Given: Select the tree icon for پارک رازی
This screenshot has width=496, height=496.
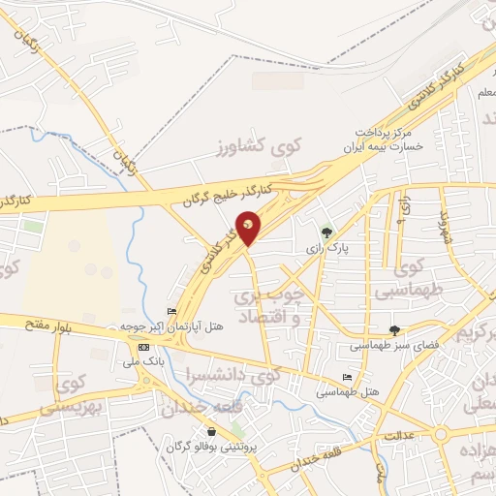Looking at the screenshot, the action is click(x=326, y=232).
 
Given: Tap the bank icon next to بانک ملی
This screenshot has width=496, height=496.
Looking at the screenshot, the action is click(x=144, y=347).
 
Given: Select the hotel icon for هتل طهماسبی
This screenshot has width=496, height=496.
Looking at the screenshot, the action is click(x=348, y=378).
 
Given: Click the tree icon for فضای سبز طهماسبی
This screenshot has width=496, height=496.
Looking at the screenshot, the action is click(x=394, y=329).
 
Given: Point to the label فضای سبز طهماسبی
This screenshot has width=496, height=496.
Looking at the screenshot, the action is click(x=394, y=345).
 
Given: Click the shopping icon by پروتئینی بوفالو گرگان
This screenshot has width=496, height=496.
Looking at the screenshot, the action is click(x=211, y=431).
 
